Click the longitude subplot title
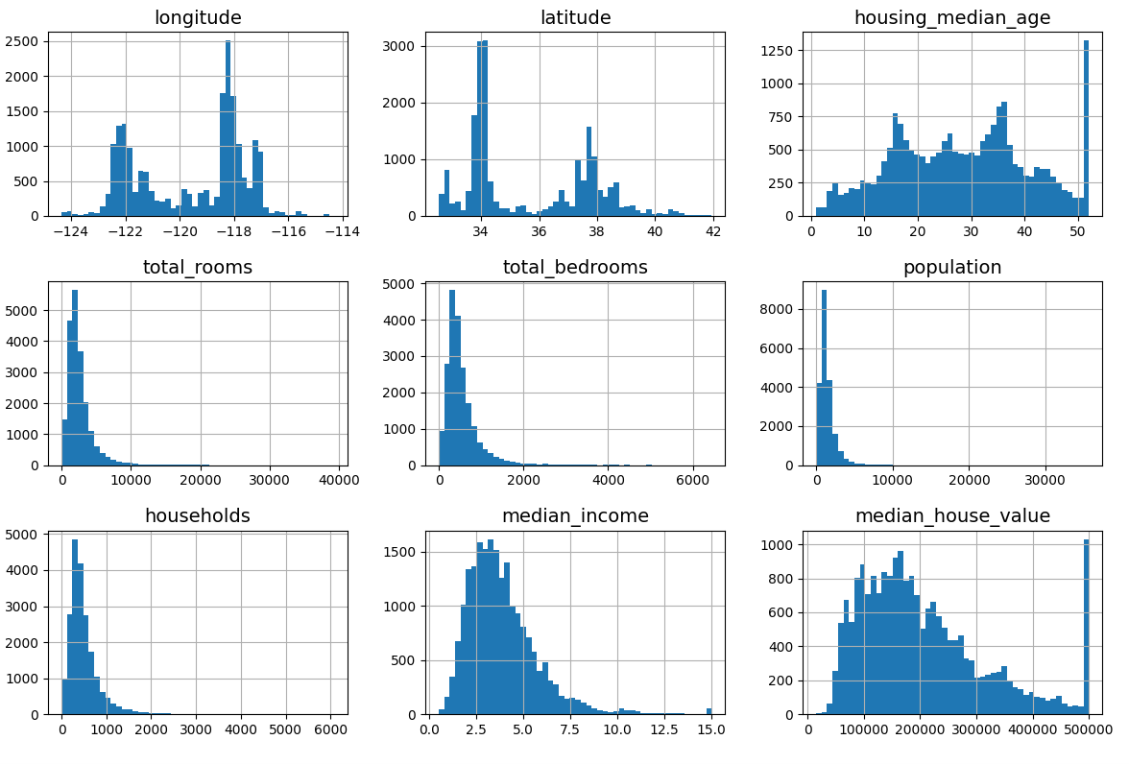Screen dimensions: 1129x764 click(x=198, y=17)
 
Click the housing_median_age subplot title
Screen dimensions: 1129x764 click(x=952, y=17)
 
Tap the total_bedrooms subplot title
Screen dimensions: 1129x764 click(x=575, y=267)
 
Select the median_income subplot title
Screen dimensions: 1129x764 click(x=575, y=515)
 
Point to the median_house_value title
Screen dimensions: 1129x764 click(x=952, y=515)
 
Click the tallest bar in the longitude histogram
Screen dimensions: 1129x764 click(x=228, y=129)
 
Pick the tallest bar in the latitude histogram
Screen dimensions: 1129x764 click(x=482, y=129)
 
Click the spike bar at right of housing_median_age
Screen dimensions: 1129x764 click(x=1086, y=129)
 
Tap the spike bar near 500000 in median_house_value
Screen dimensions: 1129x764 click(x=1086, y=627)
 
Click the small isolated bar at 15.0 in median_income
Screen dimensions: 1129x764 click(x=709, y=711)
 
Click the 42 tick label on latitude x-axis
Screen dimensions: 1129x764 click(x=712, y=231)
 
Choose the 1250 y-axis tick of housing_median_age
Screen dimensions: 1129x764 click(x=779, y=51)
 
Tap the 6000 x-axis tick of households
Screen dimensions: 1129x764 click(x=331, y=729)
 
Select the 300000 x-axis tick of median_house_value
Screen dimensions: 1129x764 click(x=976, y=729)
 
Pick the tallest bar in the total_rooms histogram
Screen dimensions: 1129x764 click(x=75, y=377)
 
